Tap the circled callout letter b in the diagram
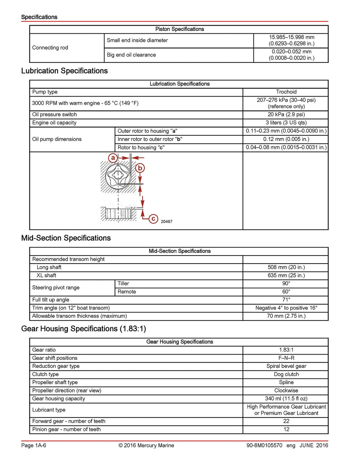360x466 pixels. click(140, 168)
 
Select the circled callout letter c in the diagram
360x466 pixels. click(153, 219)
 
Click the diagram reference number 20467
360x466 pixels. click(166, 222)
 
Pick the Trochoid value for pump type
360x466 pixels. click(286, 92)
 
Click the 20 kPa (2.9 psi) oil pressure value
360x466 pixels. click(286, 114)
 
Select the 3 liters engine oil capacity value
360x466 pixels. click(286, 123)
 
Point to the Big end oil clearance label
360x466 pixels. click(131, 55)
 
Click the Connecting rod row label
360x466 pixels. click(50, 47)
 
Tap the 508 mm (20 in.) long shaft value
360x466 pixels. click(286, 267)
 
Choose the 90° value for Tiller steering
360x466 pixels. click(286, 283)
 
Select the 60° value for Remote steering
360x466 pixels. click(286, 291)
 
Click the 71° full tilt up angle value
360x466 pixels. click(286, 299)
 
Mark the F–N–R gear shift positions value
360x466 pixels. click(286, 358)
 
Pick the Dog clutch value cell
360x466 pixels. click(286, 374)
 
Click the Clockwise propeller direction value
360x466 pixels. click(286, 390)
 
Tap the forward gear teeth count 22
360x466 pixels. click(286, 421)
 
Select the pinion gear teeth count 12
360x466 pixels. click(286, 429)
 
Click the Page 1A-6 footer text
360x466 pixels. click(33, 445)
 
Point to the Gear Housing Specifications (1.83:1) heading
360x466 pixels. click(83, 329)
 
